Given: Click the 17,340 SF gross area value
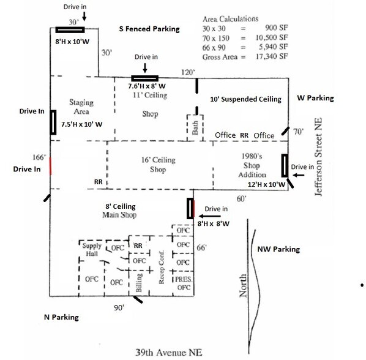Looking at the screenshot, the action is coord(272,56).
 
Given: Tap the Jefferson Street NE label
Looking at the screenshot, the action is coord(318,157).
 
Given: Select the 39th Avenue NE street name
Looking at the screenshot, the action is coord(169,352).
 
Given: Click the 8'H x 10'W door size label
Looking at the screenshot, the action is coord(72,42).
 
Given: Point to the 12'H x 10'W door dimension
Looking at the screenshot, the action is coord(266,184).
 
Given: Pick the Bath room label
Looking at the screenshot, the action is coord(195,128).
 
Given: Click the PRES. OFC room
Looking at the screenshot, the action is coord(184,283).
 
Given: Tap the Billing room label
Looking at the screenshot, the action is coord(139,283).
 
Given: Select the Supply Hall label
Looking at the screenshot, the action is coord(92,250).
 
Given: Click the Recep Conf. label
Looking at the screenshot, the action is coord(162,267).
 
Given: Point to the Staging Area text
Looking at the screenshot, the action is coord(81,107).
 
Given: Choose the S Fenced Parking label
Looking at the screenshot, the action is coord(149,29).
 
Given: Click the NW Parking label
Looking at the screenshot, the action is coord(278,249).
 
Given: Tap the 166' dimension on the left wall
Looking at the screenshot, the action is coord(39,157).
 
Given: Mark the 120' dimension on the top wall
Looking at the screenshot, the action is coord(188,72).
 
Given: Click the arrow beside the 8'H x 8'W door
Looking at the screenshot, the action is coord(209,216).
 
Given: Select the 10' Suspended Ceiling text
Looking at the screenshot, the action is coord(246,99).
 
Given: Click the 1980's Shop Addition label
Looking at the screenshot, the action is coord(252,165).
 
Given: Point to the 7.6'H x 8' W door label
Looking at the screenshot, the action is coord(147,86).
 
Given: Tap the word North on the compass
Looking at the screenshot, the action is coord(243,285).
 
